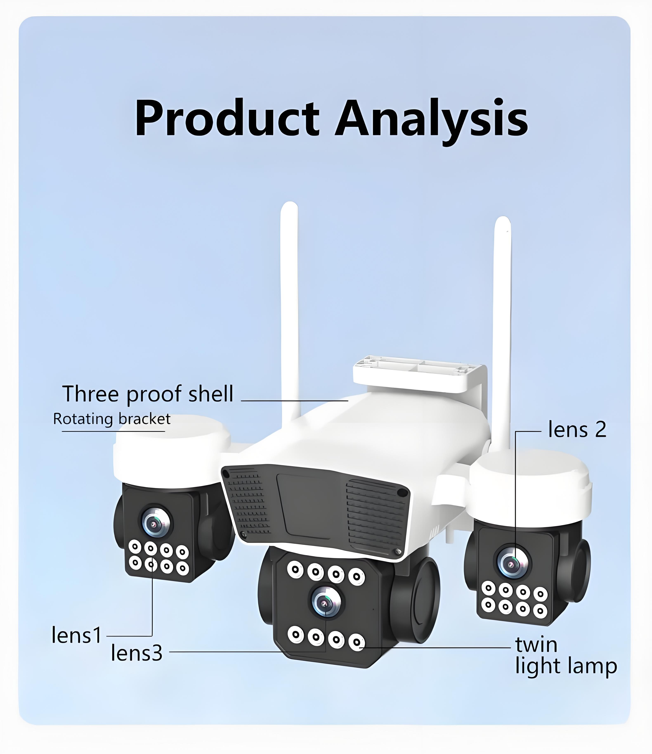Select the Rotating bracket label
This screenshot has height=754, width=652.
coord(112,419)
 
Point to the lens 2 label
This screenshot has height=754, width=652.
coord(577,430)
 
